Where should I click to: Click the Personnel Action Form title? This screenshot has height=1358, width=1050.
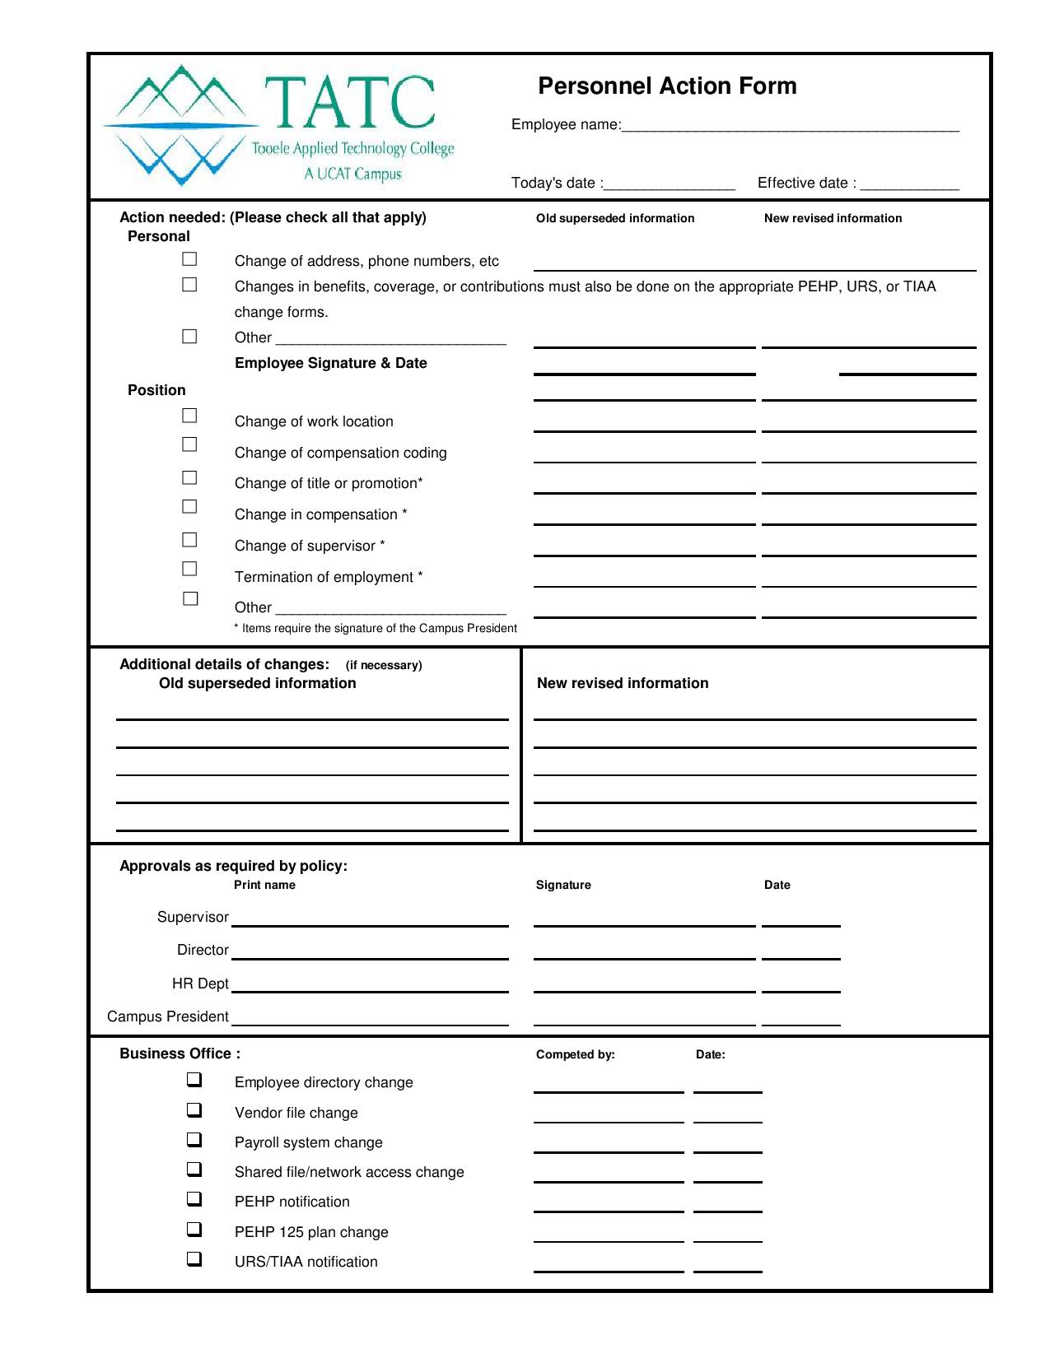tap(667, 86)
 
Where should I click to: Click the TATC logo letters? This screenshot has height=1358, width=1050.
tap(349, 104)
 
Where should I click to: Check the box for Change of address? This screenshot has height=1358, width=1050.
tap(189, 259)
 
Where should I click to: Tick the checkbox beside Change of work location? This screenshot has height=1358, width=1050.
tap(189, 416)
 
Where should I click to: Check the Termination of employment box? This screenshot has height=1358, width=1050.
tap(189, 569)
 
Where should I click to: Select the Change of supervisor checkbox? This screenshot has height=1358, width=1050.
tap(189, 540)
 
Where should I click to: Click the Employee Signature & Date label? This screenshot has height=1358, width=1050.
tap(330, 363)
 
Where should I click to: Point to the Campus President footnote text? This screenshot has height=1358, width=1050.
tap(376, 629)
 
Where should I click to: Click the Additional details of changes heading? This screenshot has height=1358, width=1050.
tap(224, 664)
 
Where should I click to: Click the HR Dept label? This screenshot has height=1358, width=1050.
tap(200, 984)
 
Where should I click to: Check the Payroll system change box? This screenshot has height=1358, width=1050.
tap(194, 1140)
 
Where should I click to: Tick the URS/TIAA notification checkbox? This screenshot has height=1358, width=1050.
tap(194, 1258)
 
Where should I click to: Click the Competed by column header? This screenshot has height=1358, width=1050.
tap(575, 1054)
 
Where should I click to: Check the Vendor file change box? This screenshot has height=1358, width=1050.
tap(194, 1109)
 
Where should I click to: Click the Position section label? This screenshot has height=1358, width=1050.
tap(156, 390)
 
